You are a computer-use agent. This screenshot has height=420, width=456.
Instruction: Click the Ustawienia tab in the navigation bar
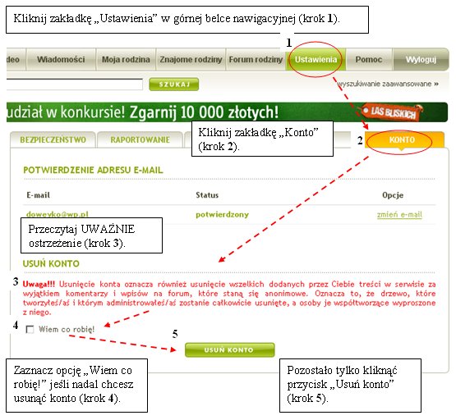(x=316, y=60)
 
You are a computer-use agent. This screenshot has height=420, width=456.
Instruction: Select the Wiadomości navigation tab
(x=61, y=60)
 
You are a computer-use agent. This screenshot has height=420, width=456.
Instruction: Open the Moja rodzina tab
(x=126, y=60)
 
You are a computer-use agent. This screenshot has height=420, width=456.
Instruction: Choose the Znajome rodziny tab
(x=191, y=60)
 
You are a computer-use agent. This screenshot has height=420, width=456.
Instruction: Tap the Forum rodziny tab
(x=256, y=60)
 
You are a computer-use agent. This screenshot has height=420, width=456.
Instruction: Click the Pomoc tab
(x=369, y=60)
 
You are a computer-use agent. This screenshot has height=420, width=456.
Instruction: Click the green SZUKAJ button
(x=174, y=84)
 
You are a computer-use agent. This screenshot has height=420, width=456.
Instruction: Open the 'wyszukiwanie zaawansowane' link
(x=388, y=84)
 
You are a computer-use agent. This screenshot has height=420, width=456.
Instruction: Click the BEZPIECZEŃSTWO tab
(x=53, y=140)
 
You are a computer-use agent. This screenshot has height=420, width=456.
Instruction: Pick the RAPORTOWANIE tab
(x=140, y=140)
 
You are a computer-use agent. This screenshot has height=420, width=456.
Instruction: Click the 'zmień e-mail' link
(x=399, y=215)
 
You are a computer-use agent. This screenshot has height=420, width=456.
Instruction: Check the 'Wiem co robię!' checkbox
(x=30, y=330)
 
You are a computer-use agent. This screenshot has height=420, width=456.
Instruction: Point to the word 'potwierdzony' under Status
(x=222, y=215)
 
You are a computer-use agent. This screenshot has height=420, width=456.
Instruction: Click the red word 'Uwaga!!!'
(x=39, y=284)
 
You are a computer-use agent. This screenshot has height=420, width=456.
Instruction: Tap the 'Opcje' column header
(x=393, y=195)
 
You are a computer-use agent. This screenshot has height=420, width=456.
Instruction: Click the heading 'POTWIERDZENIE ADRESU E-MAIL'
(x=93, y=170)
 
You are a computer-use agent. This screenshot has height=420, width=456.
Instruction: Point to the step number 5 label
(x=175, y=334)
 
